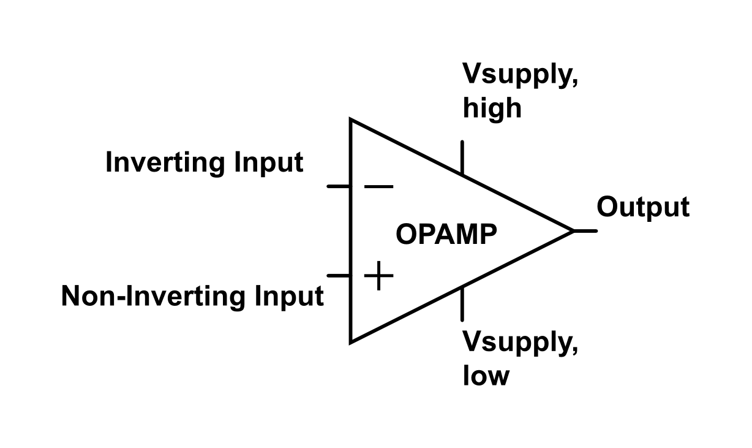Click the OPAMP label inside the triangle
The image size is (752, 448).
tap(446, 235)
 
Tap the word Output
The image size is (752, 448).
tap(642, 208)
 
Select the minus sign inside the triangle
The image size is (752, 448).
tap(378, 186)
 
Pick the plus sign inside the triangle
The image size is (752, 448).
tap(378, 276)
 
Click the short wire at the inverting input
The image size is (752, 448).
tap(339, 186)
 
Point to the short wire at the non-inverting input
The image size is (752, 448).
tap(339, 276)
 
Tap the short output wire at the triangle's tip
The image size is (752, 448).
tap(585, 231)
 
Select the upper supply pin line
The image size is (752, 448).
tap(462, 158)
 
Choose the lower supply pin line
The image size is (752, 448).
tap(462, 303)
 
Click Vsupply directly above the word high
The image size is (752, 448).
tap(519, 76)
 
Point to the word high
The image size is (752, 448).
tap(492, 108)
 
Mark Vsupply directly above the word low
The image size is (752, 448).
tap(519, 343)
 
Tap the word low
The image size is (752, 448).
tap(485, 374)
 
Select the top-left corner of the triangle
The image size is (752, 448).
tap(351, 120)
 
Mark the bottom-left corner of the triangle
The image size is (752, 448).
tap(351, 341)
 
